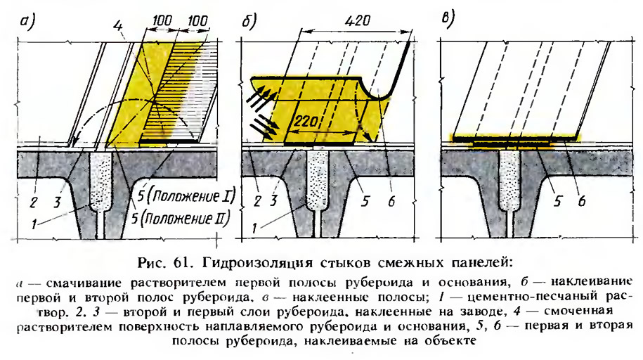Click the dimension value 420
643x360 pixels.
click(x=358, y=20)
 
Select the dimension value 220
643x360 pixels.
click(x=306, y=121)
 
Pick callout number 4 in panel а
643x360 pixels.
click(x=118, y=26)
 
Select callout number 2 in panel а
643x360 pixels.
click(x=34, y=202)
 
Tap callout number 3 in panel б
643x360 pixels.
click(x=273, y=200)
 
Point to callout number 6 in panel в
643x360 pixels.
click(x=581, y=200)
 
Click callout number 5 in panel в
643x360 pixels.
click(x=557, y=200)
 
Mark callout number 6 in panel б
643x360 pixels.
click(x=391, y=200)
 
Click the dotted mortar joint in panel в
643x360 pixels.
click(x=509, y=180)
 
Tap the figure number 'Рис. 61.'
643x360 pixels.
click(x=163, y=263)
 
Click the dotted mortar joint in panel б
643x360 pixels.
click(x=317, y=180)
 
